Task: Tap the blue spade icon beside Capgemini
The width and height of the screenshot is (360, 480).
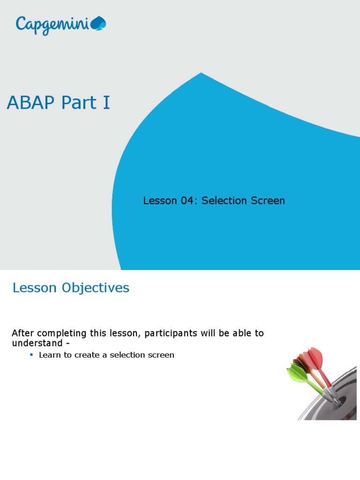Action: (x=99, y=23)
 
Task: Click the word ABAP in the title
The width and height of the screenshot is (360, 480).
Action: (x=30, y=103)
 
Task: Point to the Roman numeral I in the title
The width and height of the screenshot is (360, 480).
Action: (x=106, y=103)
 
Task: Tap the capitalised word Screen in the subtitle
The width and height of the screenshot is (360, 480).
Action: (x=267, y=201)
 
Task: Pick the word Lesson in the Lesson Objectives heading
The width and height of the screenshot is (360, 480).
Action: (x=35, y=288)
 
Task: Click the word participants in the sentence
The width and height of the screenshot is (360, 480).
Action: (x=171, y=334)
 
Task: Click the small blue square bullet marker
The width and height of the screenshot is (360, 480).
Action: (x=31, y=355)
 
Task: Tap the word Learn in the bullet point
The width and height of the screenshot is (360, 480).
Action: (x=49, y=355)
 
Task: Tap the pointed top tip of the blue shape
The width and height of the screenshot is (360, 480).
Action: (x=202, y=73)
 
